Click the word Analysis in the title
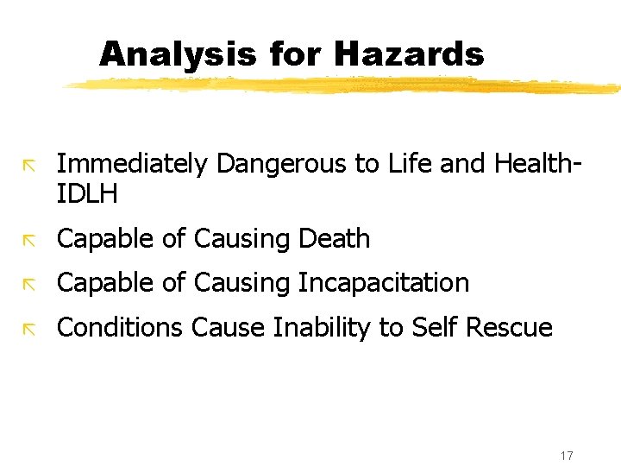click(x=178, y=54)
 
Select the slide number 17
click(x=567, y=455)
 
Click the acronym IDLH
click(x=86, y=194)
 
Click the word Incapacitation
click(x=384, y=283)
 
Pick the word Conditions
click(x=120, y=327)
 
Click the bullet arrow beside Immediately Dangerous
click(x=30, y=164)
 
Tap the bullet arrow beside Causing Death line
click(x=30, y=239)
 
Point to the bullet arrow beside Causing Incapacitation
click(x=30, y=283)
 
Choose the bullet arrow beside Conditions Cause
click(x=30, y=327)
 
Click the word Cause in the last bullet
click(x=229, y=327)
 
